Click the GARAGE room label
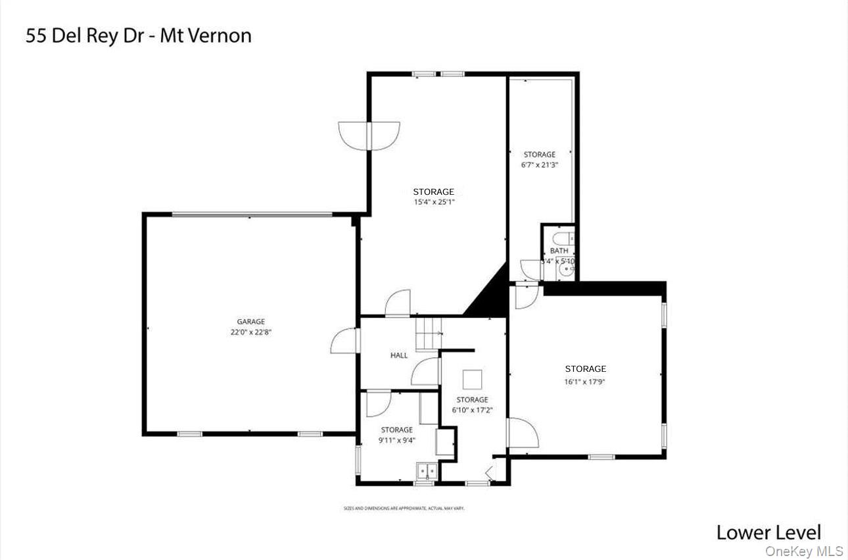(x=251, y=322)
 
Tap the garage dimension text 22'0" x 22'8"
(x=251, y=333)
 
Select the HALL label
(x=399, y=355)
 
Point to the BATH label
(x=559, y=251)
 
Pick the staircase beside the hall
(x=429, y=333)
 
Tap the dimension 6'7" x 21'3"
(x=540, y=165)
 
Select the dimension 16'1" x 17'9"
(x=585, y=380)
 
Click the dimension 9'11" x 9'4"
(x=397, y=441)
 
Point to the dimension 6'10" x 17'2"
(x=472, y=410)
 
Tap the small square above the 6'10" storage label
(x=473, y=380)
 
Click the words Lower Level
(x=768, y=532)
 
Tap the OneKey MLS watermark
(x=803, y=551)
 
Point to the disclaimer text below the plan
(x=404, y=508)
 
